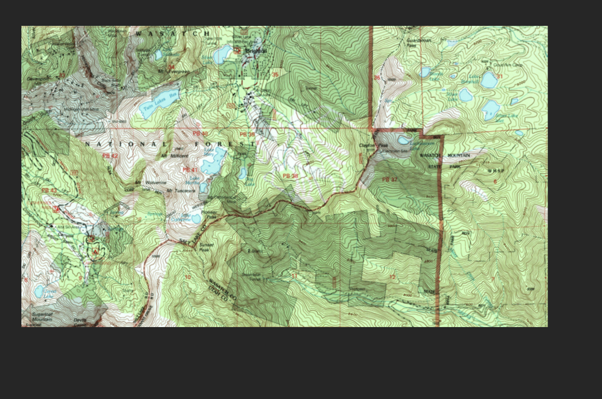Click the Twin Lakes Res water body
pyautogui.click(x=159, y=103)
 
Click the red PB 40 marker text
pyautogui.click(x=200, y=134)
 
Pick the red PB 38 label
pyautogui.click(x=290, y=176)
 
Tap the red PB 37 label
pyautogui.click(x=389, y=179)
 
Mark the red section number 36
pyautogui.click(x=376, y=78)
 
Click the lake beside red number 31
pyautogui.click(x=488, y=80)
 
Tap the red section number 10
pyautogui.click(x=187, y=278)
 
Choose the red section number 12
pyautogui.click(x=392, y=277)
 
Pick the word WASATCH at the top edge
pyautogui.click(x=173, y=34)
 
